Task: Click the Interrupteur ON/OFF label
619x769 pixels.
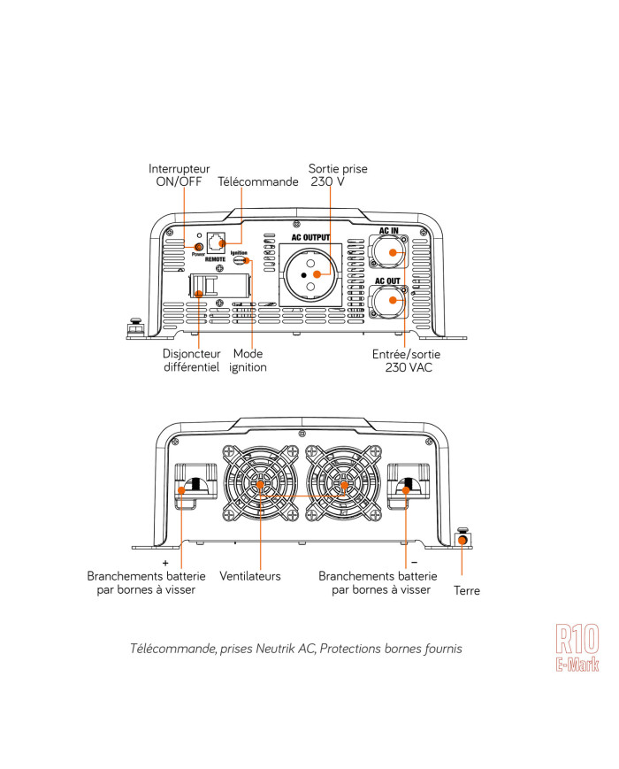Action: click(x=179, y=174)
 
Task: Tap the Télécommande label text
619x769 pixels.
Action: click(x=258, y=182)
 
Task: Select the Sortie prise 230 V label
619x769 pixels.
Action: click(x=337, y=174)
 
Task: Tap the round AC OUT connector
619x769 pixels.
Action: click(x=390, y=301)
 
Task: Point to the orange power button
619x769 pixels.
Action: click(x=199, y=247)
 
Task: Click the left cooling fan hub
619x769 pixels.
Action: click(x=262, y=485)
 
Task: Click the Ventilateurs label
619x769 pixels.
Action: click(x=249, y=576)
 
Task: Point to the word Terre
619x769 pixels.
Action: click(x=466, y=590)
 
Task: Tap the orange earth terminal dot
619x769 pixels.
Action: click(x=461, y=539)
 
